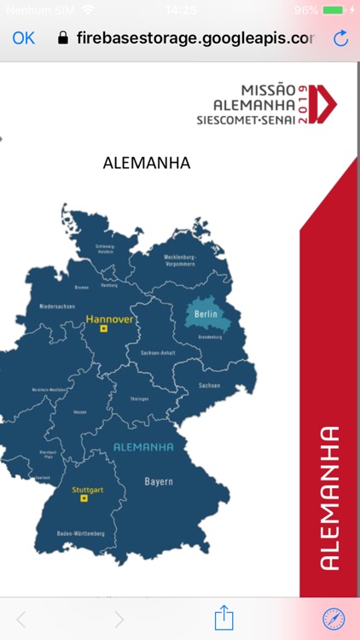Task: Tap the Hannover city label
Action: [109, 319]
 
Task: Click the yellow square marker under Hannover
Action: [103, 329]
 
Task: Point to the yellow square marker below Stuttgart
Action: [84, 499]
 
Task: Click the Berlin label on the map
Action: [207, 315]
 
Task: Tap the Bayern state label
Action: [158, 481]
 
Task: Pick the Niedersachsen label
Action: [57, 305]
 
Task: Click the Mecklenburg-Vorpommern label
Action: [180, 260]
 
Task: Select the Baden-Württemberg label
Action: [81, 533]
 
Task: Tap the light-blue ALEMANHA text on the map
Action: [143, 447]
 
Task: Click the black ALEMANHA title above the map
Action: [146, 162]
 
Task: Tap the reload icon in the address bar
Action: [341, 38]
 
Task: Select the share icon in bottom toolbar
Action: [224, 616]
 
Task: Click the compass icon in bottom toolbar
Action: [334, 619]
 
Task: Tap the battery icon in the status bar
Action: [334, 10]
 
